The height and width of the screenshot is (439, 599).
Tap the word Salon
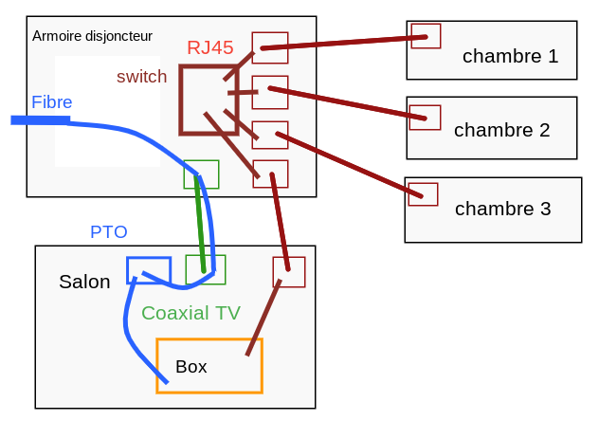(84, 282)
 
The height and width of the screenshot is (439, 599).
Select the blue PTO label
(108, 232)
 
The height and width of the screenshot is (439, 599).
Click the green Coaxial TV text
(191, 313)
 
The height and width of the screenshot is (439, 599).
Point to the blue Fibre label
(51, 102)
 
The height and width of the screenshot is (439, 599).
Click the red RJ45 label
(210, 47)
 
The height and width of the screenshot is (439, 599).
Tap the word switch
(142, 77)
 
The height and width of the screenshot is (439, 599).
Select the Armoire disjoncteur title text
(92, 36)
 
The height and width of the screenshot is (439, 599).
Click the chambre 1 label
(510, 56)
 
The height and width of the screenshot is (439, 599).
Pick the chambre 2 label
(502, 130)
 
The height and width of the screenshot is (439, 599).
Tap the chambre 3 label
(502, 209)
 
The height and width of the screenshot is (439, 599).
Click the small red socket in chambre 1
(426, 24)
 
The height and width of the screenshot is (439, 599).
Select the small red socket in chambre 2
(425, 106)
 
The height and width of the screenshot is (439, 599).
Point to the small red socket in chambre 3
(423, 184)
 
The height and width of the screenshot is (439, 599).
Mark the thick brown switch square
(181, 100)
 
